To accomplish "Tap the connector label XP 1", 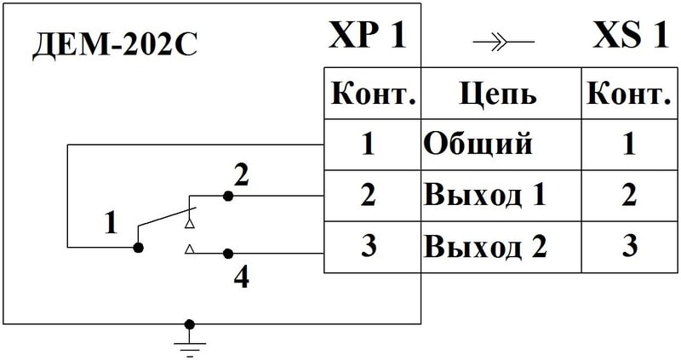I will point(367,37).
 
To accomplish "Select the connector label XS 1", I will point(631,37).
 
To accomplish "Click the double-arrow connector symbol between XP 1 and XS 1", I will point(502,41).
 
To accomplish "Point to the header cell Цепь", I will point(498,94).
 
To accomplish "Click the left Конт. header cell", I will point(372,94).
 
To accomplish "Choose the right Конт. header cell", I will point(629,94).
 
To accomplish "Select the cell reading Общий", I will point(478,144).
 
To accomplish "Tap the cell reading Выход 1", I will point(484,195).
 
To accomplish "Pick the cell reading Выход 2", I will point(484,246).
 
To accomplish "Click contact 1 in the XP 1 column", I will point(368,144).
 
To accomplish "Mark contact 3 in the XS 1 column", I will point(629,246).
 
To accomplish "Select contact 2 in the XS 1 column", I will point(629,195).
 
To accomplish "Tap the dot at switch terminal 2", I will point(227,196).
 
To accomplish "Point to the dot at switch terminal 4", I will point(227,253).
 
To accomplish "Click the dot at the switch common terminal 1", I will point(138,248).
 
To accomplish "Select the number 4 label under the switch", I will point(242,277).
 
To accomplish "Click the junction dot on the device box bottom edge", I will point(189,324).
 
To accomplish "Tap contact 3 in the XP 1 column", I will point(368,246).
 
